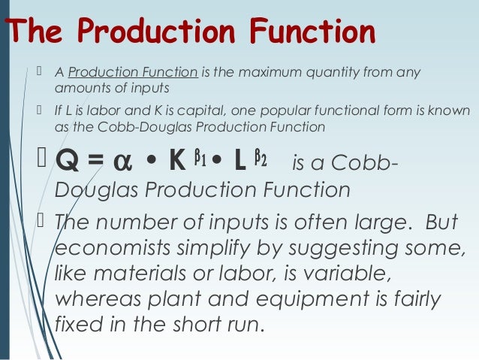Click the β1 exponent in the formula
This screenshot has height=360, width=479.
200,156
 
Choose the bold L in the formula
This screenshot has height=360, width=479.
242,162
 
